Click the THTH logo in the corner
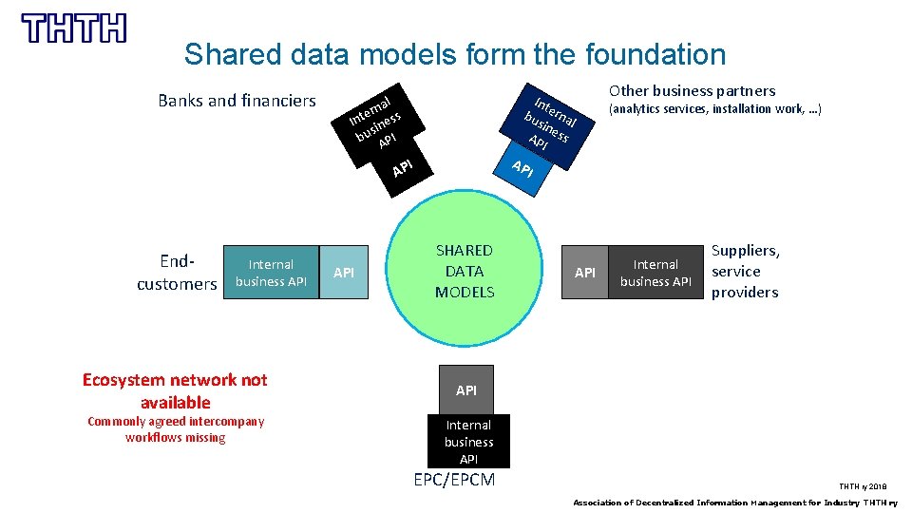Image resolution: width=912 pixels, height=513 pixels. coord(73,28)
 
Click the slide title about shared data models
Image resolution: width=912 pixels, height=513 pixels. coord(454,54)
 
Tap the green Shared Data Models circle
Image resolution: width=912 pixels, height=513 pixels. coord(465,271)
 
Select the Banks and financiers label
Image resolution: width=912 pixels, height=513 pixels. coord(237,101)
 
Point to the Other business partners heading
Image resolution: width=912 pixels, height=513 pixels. coord(692,91)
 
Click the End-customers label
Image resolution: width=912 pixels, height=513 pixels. coord(177,272)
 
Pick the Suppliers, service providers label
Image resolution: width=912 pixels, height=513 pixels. coord(746,271)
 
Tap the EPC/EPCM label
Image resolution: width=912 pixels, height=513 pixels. coord(454,480)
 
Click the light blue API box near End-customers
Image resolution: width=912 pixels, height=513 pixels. coord(344,273)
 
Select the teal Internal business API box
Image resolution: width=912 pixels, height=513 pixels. coord(271,273)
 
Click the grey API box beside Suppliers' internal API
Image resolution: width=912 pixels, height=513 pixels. coord(585,273)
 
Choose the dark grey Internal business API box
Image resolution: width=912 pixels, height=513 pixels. coord(655,273)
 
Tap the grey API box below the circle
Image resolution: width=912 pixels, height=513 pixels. coord(465,390)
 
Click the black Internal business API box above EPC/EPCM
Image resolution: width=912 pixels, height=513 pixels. coord(468,442)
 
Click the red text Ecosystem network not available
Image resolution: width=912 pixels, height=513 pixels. coord(175,390)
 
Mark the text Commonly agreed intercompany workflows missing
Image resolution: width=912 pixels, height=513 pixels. coord(176,429)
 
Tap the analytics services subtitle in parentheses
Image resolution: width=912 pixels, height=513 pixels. coord(714,110)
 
